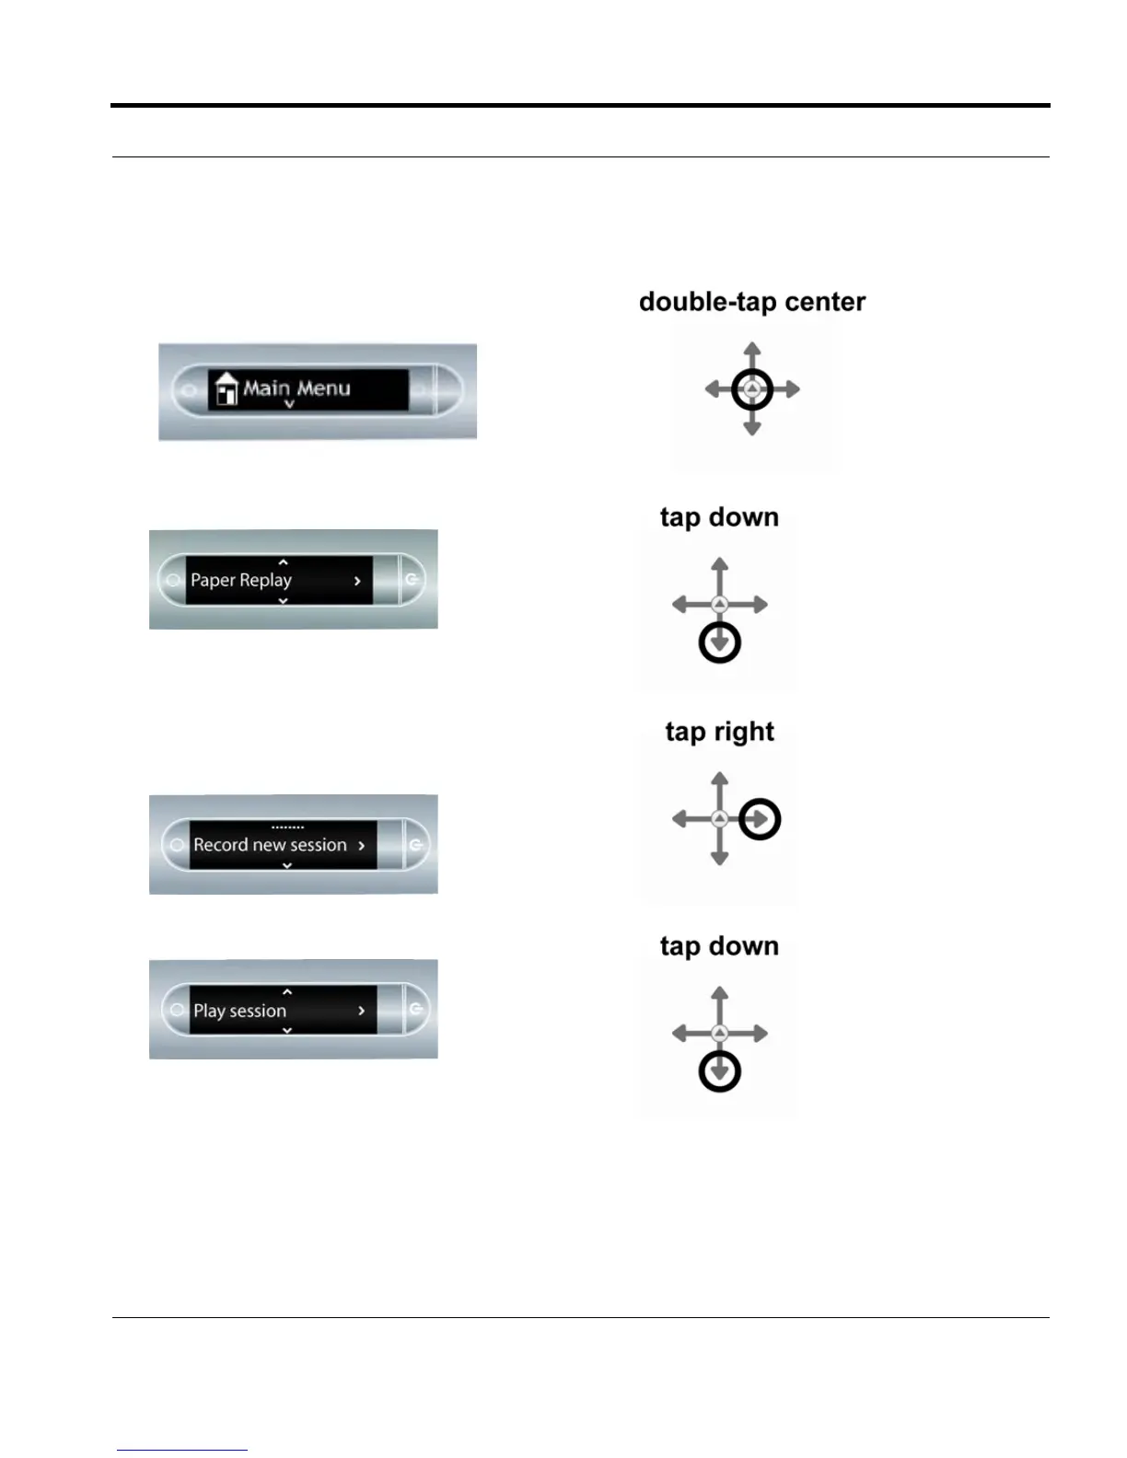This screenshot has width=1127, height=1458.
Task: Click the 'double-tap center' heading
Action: click(751, 302)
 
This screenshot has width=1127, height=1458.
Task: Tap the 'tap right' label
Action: click(719, 732)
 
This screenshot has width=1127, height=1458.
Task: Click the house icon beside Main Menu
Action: click(225, 389)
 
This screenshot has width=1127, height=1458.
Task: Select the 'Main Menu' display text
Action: click(296, 388)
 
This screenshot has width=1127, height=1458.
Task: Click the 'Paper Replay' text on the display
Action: click(241, 580)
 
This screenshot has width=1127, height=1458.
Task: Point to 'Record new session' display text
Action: click(270, 845)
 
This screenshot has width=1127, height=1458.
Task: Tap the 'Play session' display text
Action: click(239, 1011)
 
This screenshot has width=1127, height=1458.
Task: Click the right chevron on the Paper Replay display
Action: click(357, 581)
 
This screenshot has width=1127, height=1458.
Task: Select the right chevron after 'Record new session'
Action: click(362, 845)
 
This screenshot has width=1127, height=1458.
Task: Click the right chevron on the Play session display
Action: click(362, 1011)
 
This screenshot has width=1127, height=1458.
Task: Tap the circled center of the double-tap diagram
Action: click(752, 389)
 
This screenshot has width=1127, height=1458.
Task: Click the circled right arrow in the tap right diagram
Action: click(761, 819)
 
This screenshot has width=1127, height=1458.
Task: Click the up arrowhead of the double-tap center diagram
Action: click(752, 348)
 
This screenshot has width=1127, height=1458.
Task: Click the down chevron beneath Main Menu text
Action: click(289, 404)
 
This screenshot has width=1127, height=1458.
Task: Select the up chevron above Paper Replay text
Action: click(283, 562)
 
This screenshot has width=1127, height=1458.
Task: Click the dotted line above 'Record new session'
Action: click(287, 827)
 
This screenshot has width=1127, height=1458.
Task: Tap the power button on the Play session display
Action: click(416, 1009)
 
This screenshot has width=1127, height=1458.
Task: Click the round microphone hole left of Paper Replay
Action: click(172, 580)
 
